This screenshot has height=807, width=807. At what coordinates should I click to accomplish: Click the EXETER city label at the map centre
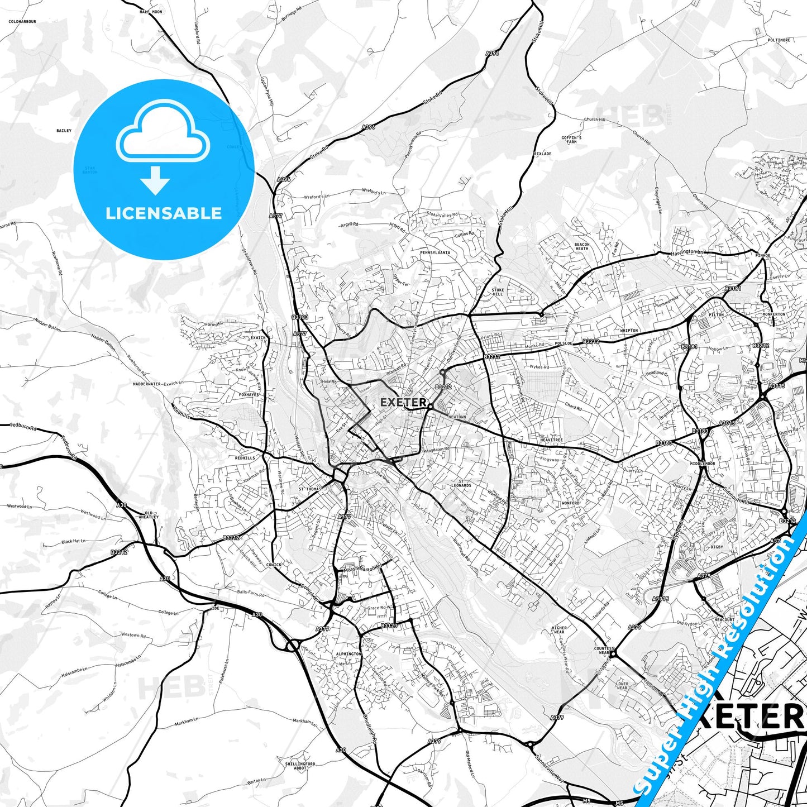pos(403,402)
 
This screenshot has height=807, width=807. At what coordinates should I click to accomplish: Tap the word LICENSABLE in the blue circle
pos(164,213)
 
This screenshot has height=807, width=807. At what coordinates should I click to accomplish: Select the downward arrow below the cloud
pos(155,180)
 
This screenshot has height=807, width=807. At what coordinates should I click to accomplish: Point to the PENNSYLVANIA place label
pos(434,252)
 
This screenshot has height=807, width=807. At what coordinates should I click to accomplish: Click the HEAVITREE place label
pos(551,441)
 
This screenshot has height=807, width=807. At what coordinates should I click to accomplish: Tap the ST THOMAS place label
pos(310,489)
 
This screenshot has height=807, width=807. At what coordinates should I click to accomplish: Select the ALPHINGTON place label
pos(349,654)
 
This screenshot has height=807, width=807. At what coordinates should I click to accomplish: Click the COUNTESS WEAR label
pos(604,651)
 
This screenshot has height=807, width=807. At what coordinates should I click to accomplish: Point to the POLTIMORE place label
pos(779,40)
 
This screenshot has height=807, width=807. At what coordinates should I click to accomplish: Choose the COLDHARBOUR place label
pos(22,22)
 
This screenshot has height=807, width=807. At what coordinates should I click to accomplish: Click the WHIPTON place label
pos(629,331)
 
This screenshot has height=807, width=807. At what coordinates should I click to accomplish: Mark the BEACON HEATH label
pos(582,246)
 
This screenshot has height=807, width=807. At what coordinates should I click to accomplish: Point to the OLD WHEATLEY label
pos(149,515)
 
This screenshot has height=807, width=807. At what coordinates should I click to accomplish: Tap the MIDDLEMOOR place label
pos(703,464)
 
